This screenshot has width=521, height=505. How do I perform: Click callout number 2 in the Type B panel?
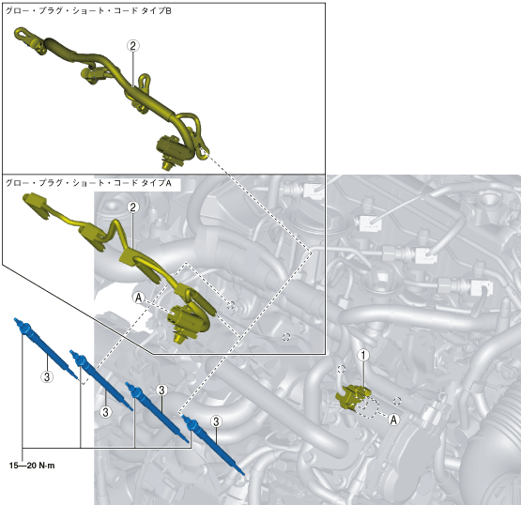click(133, 46)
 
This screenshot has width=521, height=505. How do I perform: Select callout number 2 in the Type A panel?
click(133, 207)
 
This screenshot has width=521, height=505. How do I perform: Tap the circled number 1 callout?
click(363, 355)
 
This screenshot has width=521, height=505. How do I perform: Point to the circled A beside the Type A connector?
click(139, 298)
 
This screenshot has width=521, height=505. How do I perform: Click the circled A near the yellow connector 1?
click(393, 420)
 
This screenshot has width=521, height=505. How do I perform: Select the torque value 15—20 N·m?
click(32, 466)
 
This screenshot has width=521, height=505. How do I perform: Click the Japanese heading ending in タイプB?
click(88, 11)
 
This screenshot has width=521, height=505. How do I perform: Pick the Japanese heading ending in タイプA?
click(88, 183)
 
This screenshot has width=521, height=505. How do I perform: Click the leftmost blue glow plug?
click(45, 348)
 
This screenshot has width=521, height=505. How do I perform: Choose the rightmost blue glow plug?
click(213, 445)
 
